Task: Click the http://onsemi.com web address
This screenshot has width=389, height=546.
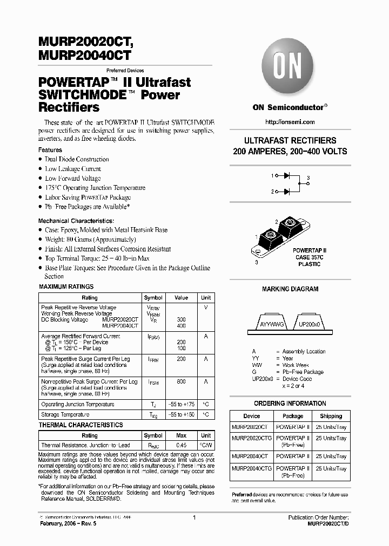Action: click(x=290, y=122)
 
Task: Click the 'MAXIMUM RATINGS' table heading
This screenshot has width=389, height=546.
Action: click(x=66, y=286)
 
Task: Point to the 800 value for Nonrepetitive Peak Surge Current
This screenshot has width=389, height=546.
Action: click(x=181, y=381)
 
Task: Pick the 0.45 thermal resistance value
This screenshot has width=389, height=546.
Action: click(x=181, y=445)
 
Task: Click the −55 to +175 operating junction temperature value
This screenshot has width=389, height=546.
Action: click(x=181, y=404)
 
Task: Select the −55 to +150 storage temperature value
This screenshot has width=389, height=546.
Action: click(x=181, y=414)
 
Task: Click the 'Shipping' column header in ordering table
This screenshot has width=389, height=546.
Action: click(x=331, y=416)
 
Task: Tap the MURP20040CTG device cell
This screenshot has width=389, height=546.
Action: click(x=251, y=469)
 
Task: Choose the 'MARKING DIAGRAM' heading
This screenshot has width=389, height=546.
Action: click(x=290, y=289)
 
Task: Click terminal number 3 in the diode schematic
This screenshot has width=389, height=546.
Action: click(x=308, y=178)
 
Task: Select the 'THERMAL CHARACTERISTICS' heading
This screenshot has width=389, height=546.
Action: click(x=81, y=425)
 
